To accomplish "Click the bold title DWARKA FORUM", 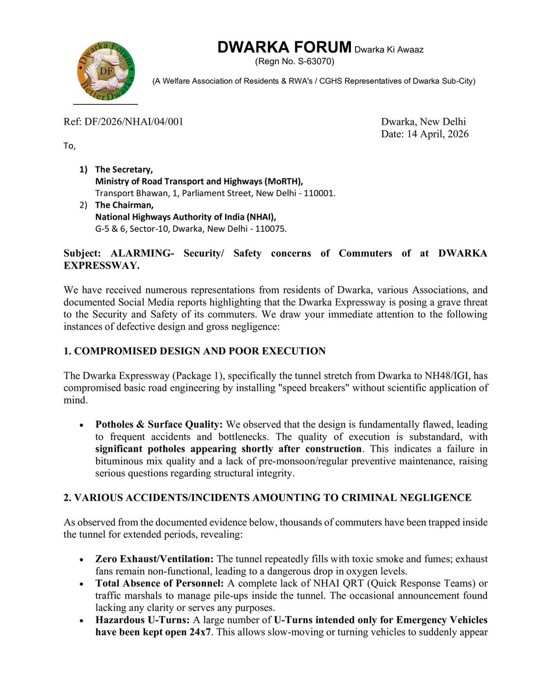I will click(285, 48).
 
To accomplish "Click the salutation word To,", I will click(69, 146).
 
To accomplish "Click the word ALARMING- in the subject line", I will click(133, 253).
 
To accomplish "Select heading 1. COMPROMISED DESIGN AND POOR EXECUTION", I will click(194, 351).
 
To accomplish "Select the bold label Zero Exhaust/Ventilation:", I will click(154, 559).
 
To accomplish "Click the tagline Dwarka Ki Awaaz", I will click(389, 50).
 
